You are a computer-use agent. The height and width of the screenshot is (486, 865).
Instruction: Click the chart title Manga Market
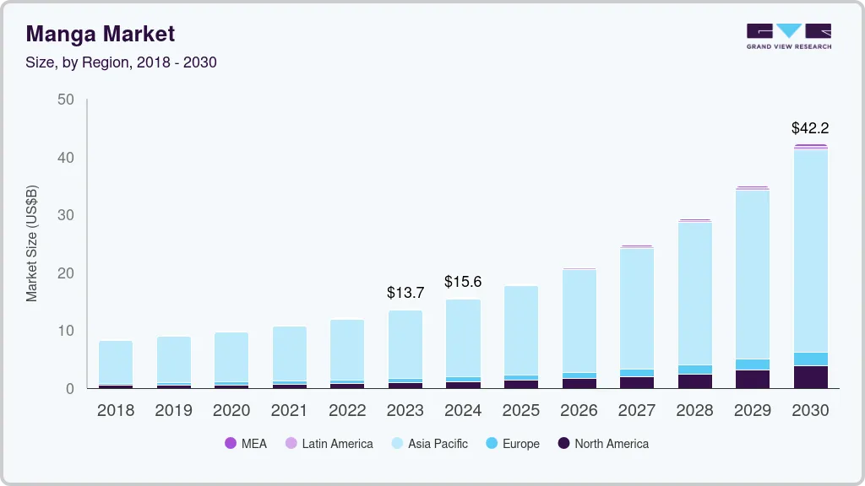click(101, 34)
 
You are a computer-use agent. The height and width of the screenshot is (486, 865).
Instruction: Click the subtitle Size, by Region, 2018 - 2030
click(122, 62)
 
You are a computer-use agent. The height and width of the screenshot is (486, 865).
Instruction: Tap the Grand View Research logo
click(788, 35)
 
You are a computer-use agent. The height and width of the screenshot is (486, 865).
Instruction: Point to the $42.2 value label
click(810, 128)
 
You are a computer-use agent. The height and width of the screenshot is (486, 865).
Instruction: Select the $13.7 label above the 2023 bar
click(405, 293)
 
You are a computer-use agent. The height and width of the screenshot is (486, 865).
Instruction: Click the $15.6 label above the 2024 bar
click(463, 282)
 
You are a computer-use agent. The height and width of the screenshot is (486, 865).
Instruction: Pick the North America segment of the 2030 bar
click(810, 377)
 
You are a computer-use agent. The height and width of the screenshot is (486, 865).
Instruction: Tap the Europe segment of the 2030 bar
click(810, 359)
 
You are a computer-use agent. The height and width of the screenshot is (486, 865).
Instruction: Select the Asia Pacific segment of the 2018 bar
click(116, 362)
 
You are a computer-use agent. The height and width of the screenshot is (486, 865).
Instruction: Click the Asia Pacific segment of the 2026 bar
click(579, 321)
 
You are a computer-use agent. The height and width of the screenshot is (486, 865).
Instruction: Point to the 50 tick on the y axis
click(66, 100)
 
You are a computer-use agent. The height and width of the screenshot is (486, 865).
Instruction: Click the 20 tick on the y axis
click(66, 273)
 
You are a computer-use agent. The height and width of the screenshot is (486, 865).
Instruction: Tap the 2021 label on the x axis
click(289, 410)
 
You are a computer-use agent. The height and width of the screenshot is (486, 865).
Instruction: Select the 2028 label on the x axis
click(694, 410)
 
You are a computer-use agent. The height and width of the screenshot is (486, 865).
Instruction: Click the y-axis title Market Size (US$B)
click(32, 244)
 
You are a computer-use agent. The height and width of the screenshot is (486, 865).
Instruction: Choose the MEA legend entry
click(246, 444)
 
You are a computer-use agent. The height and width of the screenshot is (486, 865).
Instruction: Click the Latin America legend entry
click(329, 444)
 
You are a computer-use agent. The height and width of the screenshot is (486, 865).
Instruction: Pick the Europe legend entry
click(512, 444)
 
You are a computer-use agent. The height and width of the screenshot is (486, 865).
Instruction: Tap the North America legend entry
click(603, 444)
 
